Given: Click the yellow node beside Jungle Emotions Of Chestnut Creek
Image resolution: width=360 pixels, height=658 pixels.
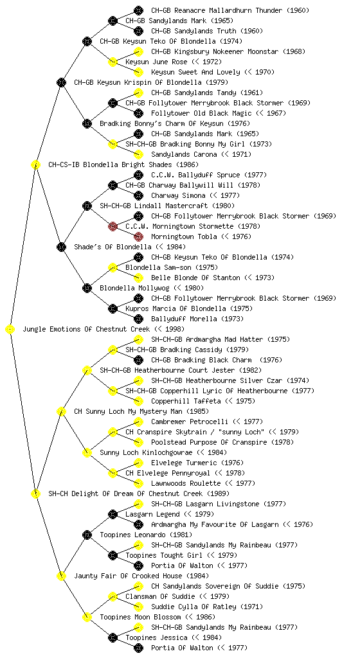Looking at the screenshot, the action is coord(10,330).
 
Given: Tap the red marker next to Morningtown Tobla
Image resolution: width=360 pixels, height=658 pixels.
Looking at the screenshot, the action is coord(138,236).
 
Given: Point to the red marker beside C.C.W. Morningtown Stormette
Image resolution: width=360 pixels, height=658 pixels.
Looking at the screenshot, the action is coord(113,227).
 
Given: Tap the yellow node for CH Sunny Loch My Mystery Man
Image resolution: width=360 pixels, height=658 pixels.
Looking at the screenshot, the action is coord(61,412).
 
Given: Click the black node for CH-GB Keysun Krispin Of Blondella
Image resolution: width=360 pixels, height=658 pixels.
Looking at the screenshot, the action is coord(61,83).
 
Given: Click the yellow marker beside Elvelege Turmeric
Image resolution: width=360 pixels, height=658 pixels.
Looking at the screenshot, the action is coord(138,463).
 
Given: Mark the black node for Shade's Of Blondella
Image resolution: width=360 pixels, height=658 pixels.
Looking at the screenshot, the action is coord(61,247).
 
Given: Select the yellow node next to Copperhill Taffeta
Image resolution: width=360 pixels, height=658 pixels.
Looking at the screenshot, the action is coord(138,401).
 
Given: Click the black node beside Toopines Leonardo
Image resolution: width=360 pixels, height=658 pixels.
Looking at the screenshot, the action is coord(87,535).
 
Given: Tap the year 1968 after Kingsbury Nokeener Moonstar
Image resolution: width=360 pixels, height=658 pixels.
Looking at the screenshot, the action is coord(294,51).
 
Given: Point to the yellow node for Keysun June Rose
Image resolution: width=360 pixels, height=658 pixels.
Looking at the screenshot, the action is coord(113,62).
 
